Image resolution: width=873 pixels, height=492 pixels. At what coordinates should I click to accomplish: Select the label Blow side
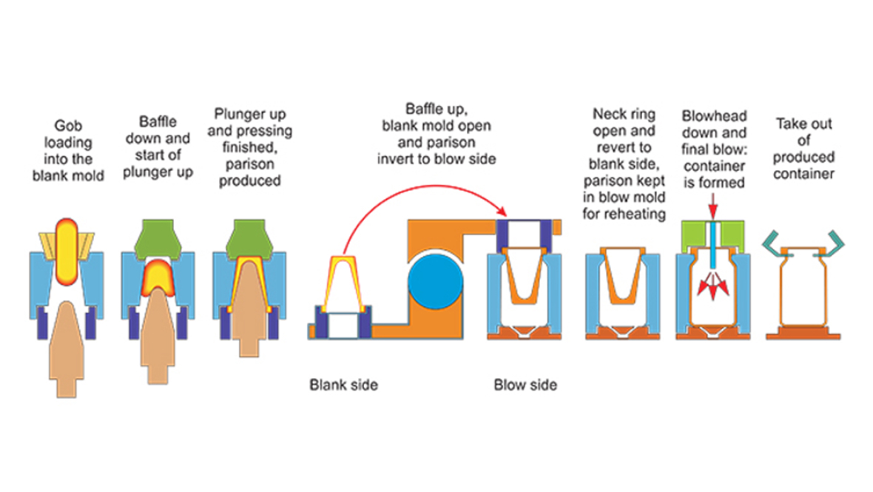[525, 385]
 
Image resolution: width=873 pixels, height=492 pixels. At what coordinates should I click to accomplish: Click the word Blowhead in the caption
[714, 117]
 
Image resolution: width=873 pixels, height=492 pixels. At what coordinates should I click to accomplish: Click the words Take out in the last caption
[804, 124]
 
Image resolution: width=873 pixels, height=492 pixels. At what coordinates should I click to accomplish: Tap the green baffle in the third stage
[249, 236]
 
